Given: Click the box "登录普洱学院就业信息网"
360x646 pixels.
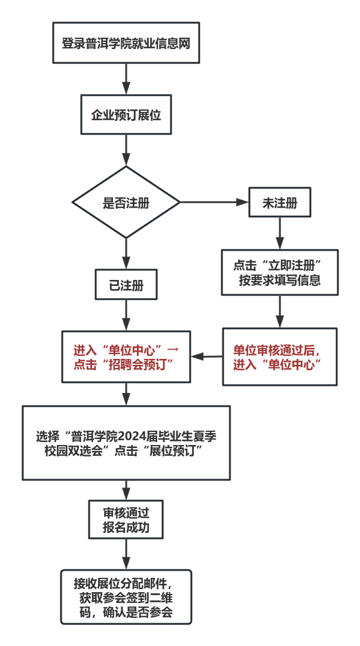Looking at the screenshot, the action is pyautogui.click(x=126, y=43).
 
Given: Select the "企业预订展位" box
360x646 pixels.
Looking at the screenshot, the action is pyautogui.click(x=126, y=114).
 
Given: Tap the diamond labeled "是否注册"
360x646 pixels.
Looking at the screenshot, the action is pyautogui.click(x=126, y=202).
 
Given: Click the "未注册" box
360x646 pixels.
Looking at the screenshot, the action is pyautogui.click(x=280, y=202).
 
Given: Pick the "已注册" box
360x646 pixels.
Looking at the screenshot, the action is pyautogui.click(x=126, y=284).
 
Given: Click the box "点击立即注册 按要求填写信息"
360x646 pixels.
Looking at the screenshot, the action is pyautogui.click(x=280, y=272).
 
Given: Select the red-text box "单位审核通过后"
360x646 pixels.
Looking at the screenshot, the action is pyautogui.click(x=280, y=356).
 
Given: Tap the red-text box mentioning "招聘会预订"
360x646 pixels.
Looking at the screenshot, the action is pyautogui.click(x=126, y=356).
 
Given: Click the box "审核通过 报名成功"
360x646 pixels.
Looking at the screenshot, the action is pyautogui.click(x=126, y=520).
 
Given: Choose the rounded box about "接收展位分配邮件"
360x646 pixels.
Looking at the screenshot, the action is pyautogui.click(x=126, y=597).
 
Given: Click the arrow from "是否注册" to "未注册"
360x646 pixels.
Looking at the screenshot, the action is pyautogui.click(x=214, y=202).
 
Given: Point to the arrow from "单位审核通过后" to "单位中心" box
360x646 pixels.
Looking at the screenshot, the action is pyautogui.click(x=207, y=356).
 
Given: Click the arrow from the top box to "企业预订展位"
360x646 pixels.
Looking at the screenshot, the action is pyautogui.click(x=126, y=79).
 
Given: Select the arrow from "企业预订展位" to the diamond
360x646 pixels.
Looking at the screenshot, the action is pyautogui.click(x=126, y=150).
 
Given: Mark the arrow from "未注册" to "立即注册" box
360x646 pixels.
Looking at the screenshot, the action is pyautogui.click(x=280, y=233).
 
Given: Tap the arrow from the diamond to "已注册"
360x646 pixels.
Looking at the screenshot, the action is pyautogui.click(x=126, y=254).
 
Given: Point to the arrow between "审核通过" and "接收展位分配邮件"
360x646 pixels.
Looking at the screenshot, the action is pyautogui.click(x=126, y=554).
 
